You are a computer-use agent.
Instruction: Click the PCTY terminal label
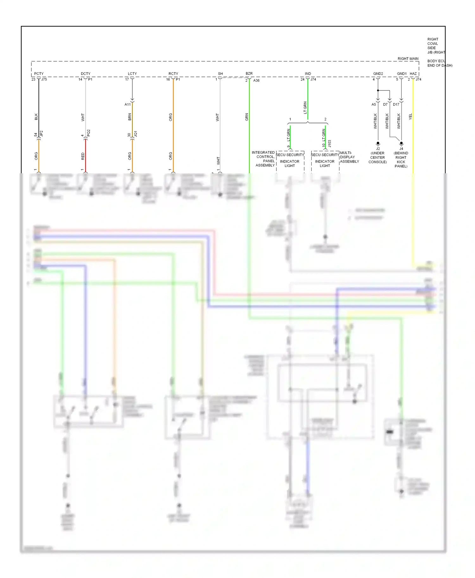point(39,74)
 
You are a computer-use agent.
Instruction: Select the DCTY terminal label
point(85,74)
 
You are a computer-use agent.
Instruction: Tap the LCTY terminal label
point(132,74)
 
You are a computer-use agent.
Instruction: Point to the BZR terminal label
point(249,74)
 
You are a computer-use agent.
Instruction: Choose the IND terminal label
point(308,74)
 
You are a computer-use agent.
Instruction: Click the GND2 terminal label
point(378,74)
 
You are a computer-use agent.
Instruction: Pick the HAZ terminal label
point(413,74)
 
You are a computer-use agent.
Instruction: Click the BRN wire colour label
point(130,117)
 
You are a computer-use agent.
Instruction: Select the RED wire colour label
point(83,156)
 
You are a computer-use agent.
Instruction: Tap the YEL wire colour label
point(410,117)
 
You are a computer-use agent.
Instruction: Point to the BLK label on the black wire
point(36,117)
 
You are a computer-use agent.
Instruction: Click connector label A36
point(256,81)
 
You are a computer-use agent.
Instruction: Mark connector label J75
point(44,79)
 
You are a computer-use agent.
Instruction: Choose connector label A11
point(128,104)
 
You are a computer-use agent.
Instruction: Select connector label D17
point(396,105)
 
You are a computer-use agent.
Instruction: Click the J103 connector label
point(329,144)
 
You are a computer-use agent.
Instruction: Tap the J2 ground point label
point(378,149)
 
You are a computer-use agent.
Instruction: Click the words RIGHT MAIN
point(408,59)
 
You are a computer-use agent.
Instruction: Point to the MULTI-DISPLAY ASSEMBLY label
point(350,157)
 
